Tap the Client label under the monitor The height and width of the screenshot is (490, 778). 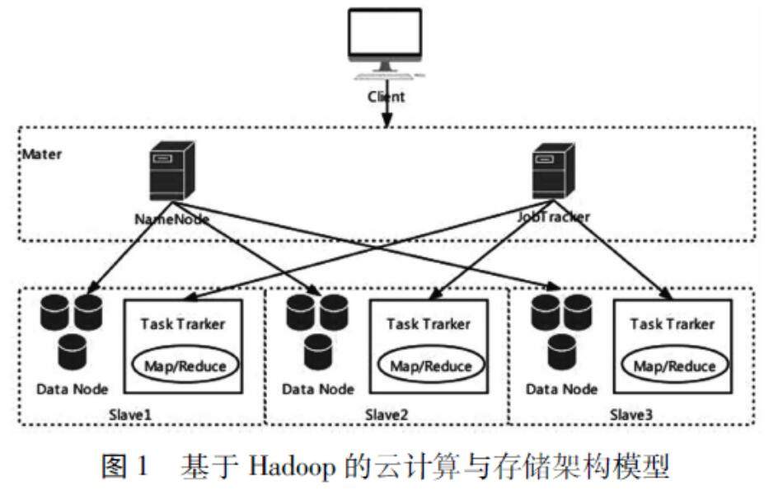click(386, 97)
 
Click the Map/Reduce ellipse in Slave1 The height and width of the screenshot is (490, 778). click(184, 365)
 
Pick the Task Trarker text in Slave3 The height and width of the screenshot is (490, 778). click(673, 323)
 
